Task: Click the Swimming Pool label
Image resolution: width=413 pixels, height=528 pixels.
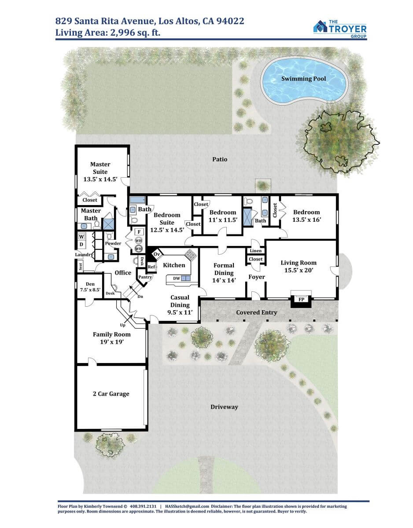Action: tap(303, 78)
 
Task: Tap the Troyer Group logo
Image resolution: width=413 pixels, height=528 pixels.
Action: tap(340, 29)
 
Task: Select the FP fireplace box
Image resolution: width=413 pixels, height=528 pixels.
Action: tap(301, 299)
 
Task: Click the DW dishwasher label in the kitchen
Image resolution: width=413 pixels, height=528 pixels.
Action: tap(177, 279)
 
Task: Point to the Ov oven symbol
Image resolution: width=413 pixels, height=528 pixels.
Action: tap(157, 254)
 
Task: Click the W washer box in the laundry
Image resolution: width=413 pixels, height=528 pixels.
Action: tap(81, 236)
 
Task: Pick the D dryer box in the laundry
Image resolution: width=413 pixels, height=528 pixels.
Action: tap(81, 245)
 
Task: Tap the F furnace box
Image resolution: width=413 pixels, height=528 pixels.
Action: tap(139, 232)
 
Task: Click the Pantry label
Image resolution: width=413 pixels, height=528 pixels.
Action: tap(145, 277)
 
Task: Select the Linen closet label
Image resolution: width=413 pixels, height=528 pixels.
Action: tap(255, 251)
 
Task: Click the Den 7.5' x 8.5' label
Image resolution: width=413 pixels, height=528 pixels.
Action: tap(90, 287)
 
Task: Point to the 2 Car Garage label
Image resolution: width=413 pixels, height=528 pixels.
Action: tap(111, 394)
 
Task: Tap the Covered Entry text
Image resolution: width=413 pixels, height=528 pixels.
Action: tap(256, 312)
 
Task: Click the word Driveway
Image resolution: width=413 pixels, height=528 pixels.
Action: tap(224, 407)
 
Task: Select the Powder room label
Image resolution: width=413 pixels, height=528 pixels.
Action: tap(113, 243)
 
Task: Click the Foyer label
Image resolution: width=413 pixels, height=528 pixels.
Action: tap(257, 277)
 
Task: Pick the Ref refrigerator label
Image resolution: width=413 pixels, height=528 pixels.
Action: tap(151, 267)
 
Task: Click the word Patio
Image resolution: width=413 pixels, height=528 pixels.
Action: tap(220, 159)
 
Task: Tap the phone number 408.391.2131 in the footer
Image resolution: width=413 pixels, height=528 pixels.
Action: tap(143, 506)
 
